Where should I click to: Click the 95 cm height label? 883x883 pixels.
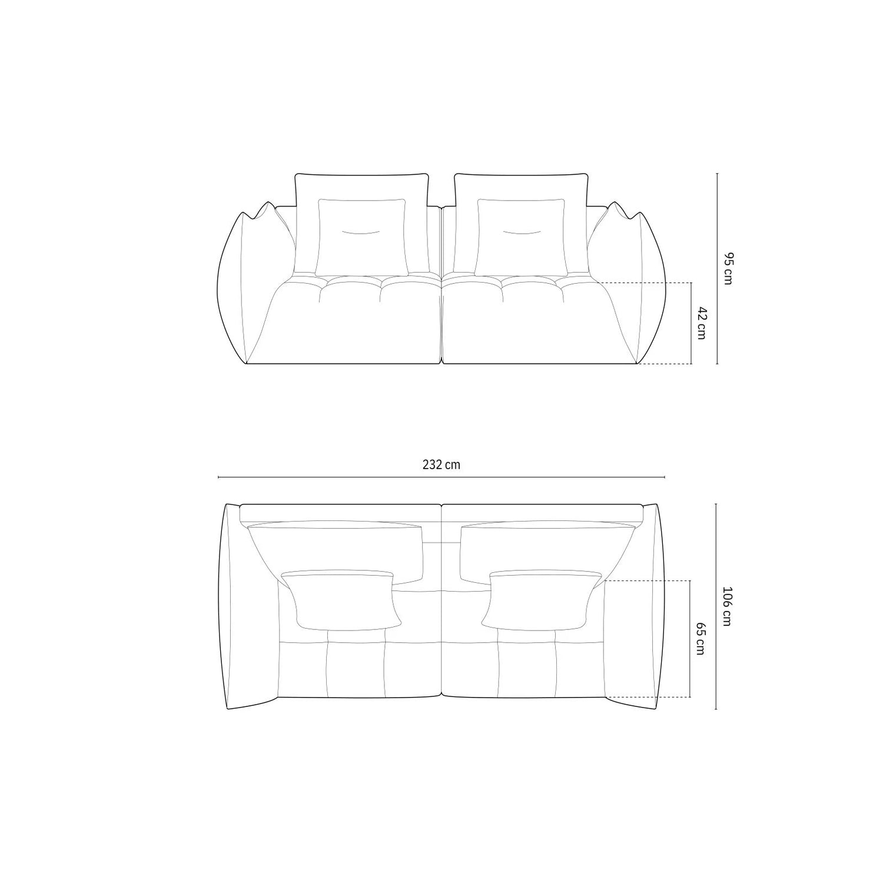[x=728, y=268]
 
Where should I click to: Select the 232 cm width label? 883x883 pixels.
[x=441, y=464]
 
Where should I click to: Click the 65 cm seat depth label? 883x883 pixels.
[x=701, y=639]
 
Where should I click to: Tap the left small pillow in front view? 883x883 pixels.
[x=361, y=237]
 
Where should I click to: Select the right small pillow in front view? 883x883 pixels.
[x=521, y=237]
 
